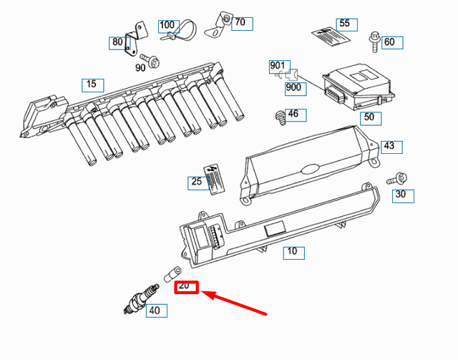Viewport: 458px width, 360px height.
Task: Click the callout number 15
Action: (92, 84)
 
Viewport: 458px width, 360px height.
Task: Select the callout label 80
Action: (117, 42)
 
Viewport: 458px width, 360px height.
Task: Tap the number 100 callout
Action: (167, 25)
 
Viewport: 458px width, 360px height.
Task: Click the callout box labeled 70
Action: (240, 22)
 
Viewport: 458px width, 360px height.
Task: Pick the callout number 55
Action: (345, 24)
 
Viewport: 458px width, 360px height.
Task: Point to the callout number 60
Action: (389, 42)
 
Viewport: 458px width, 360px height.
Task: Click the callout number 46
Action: (293, 114)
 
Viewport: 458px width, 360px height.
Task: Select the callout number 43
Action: (388, 146)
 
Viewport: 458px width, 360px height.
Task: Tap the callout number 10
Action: (292, 252)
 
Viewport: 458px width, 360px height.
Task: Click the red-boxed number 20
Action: (186, 286)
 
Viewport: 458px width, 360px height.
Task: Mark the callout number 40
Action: (157, 311)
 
